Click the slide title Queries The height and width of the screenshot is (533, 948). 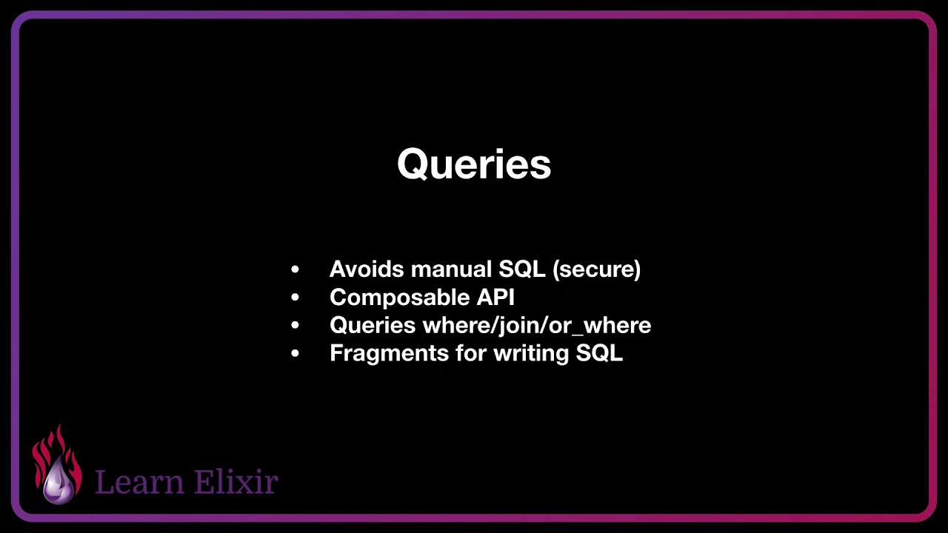[x=474, y=164]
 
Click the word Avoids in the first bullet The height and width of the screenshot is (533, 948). [x=367, y=269]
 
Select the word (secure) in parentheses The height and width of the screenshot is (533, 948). [x=596, y=269]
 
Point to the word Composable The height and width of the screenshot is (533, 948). [x=390, y=297]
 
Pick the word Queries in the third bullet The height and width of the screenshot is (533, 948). [x=373, y=325]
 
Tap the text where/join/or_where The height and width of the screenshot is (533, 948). [x=537, y=325]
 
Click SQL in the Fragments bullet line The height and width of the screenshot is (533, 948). [x=599, y=353]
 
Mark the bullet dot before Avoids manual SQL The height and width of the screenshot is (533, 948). [x=296, y=269]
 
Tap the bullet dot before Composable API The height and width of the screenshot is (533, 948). [x=296, y=298]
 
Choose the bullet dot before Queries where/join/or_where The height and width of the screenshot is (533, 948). [x=296, y=326]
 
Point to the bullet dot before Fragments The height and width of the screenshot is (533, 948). [x=296, y=354]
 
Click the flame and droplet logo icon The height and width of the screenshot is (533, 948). [x=56, y=465]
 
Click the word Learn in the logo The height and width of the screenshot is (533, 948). [x=139, y=482]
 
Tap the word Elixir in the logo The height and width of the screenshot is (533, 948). [x=235, y=482]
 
